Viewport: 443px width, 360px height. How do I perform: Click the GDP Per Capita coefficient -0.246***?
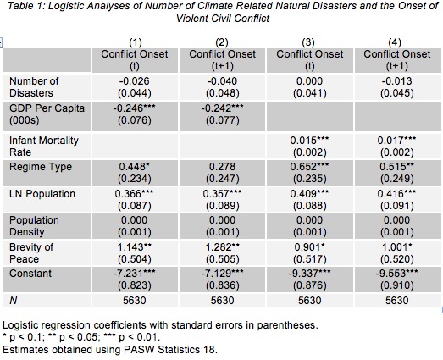click(134, 108)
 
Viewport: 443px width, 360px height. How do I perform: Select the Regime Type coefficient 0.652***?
click(309, 167)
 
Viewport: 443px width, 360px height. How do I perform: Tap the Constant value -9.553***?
click(396, 274)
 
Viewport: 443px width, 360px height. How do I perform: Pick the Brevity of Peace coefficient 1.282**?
click(222, 247)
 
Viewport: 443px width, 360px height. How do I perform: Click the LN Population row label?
click(42, 194)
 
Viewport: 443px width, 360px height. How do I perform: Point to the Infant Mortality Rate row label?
click(44, 147)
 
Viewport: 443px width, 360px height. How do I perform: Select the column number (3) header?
click(308, 42)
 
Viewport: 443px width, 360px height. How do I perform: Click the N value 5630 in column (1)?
click(135, 301)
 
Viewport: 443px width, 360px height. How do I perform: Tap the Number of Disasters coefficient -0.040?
click(222, 81)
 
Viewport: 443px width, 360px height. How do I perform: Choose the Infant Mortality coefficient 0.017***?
click(396, 140)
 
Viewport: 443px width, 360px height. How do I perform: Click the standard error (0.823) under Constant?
click(135, 285)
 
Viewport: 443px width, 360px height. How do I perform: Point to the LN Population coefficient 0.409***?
click(309, 194)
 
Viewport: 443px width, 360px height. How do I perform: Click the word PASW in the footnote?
click(139, 350)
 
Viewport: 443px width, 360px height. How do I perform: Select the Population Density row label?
click(34, 226)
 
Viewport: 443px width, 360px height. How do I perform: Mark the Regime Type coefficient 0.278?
click(222, 167)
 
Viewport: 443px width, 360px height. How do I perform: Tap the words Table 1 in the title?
click(25, 6)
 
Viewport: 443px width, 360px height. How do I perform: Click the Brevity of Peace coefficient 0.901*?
click(309, 247)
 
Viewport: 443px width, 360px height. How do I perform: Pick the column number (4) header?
click(395, 42)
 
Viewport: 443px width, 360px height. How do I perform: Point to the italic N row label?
click(14, 301)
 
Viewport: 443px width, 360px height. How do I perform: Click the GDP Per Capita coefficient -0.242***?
click(222, 108)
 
